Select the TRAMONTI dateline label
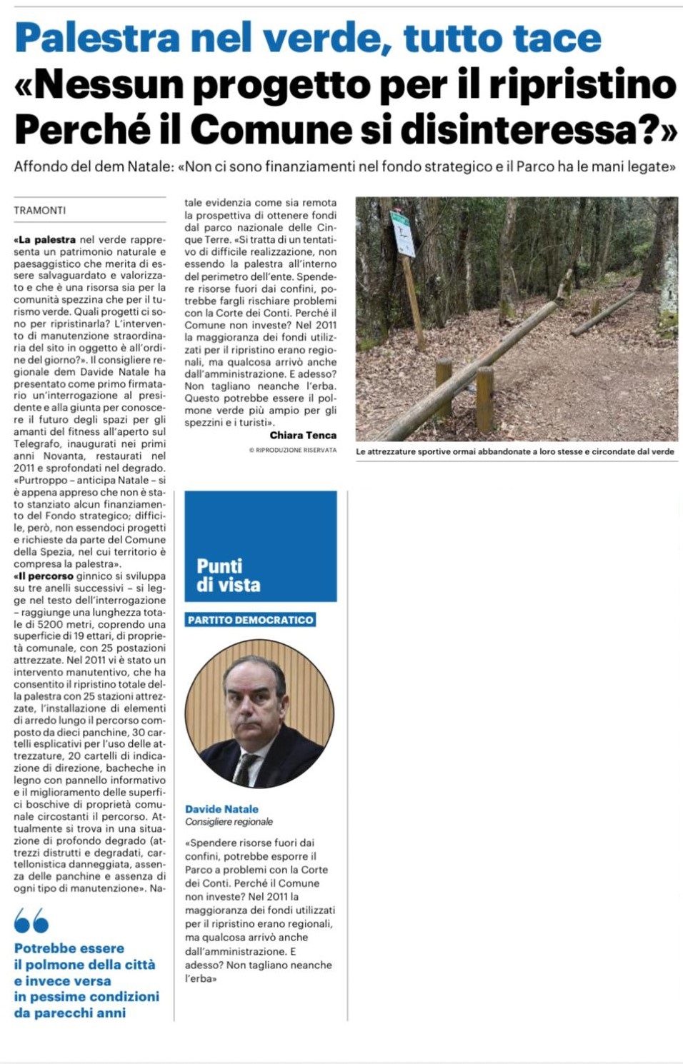pyautogui.click(x=40, y=211)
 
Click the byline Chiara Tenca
pyautogui.click(x=303, y=435)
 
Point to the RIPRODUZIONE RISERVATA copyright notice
pyautogui.click(x=292, y=450)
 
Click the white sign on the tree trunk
pyautogui.click(x=402, y=234)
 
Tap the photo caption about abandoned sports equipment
pyautogui.click(x=514, y=451)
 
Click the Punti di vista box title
pyautogui.click(x=229, y=576)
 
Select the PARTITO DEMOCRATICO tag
pyautogui.click(x=250, y=620)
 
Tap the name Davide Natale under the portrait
pyautogui.click(x=221, y=809)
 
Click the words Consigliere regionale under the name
pyautogui.click(x=229, y=822)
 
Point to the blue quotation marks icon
pyautogui.click(x=31, y=920)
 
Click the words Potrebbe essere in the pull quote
pyautogui.click(x=69, y=948)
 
